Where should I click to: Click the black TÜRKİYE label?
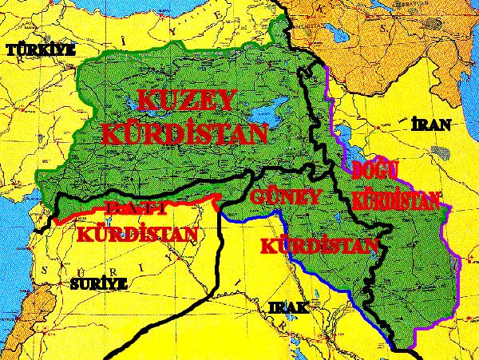[x=39, y=50]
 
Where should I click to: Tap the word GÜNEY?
[x=285, y=197]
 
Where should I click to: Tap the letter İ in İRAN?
[x=414, y=125]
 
